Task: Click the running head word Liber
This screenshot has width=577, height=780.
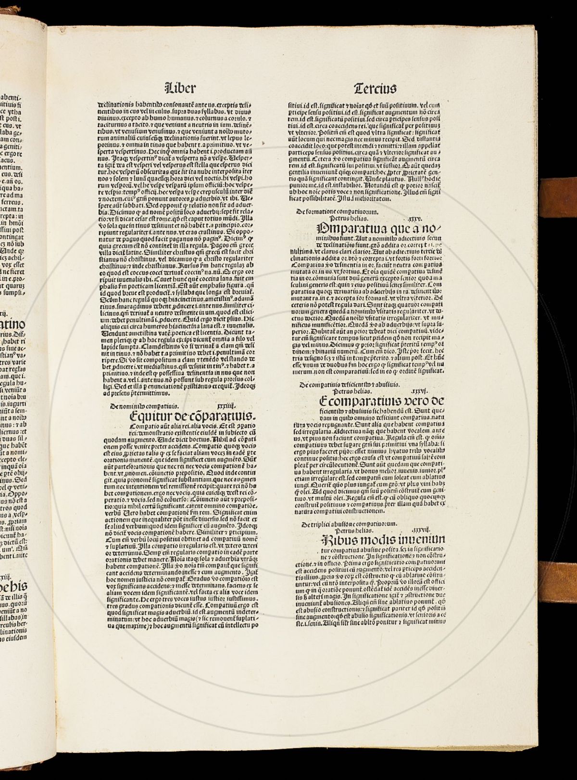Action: click(x=180, y=88)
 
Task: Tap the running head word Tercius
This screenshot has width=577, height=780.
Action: click(x=375, y=89)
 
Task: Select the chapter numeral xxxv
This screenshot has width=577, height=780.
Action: click(x=414, y=219)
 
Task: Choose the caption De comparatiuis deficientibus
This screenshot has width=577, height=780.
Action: click(x=349, y=385)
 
